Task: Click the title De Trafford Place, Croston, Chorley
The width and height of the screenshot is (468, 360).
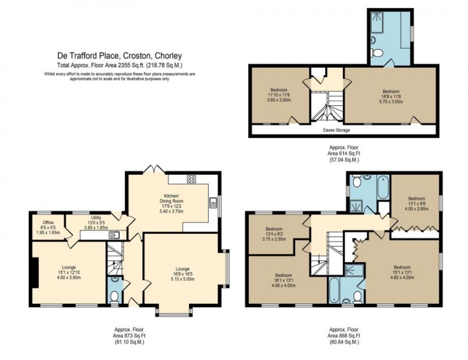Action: click(x=119, y=56)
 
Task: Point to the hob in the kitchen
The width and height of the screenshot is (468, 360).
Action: click(x=192, y=180)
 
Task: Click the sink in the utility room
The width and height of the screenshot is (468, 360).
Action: click(x=114, y=234)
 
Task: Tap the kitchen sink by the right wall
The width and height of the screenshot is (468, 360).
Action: click(x=213, y=204)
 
